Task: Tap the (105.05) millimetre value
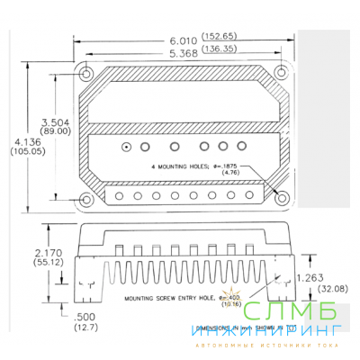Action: [24, 151]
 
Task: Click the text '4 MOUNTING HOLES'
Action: [176, 167]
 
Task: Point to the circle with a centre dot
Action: [128, 146]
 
